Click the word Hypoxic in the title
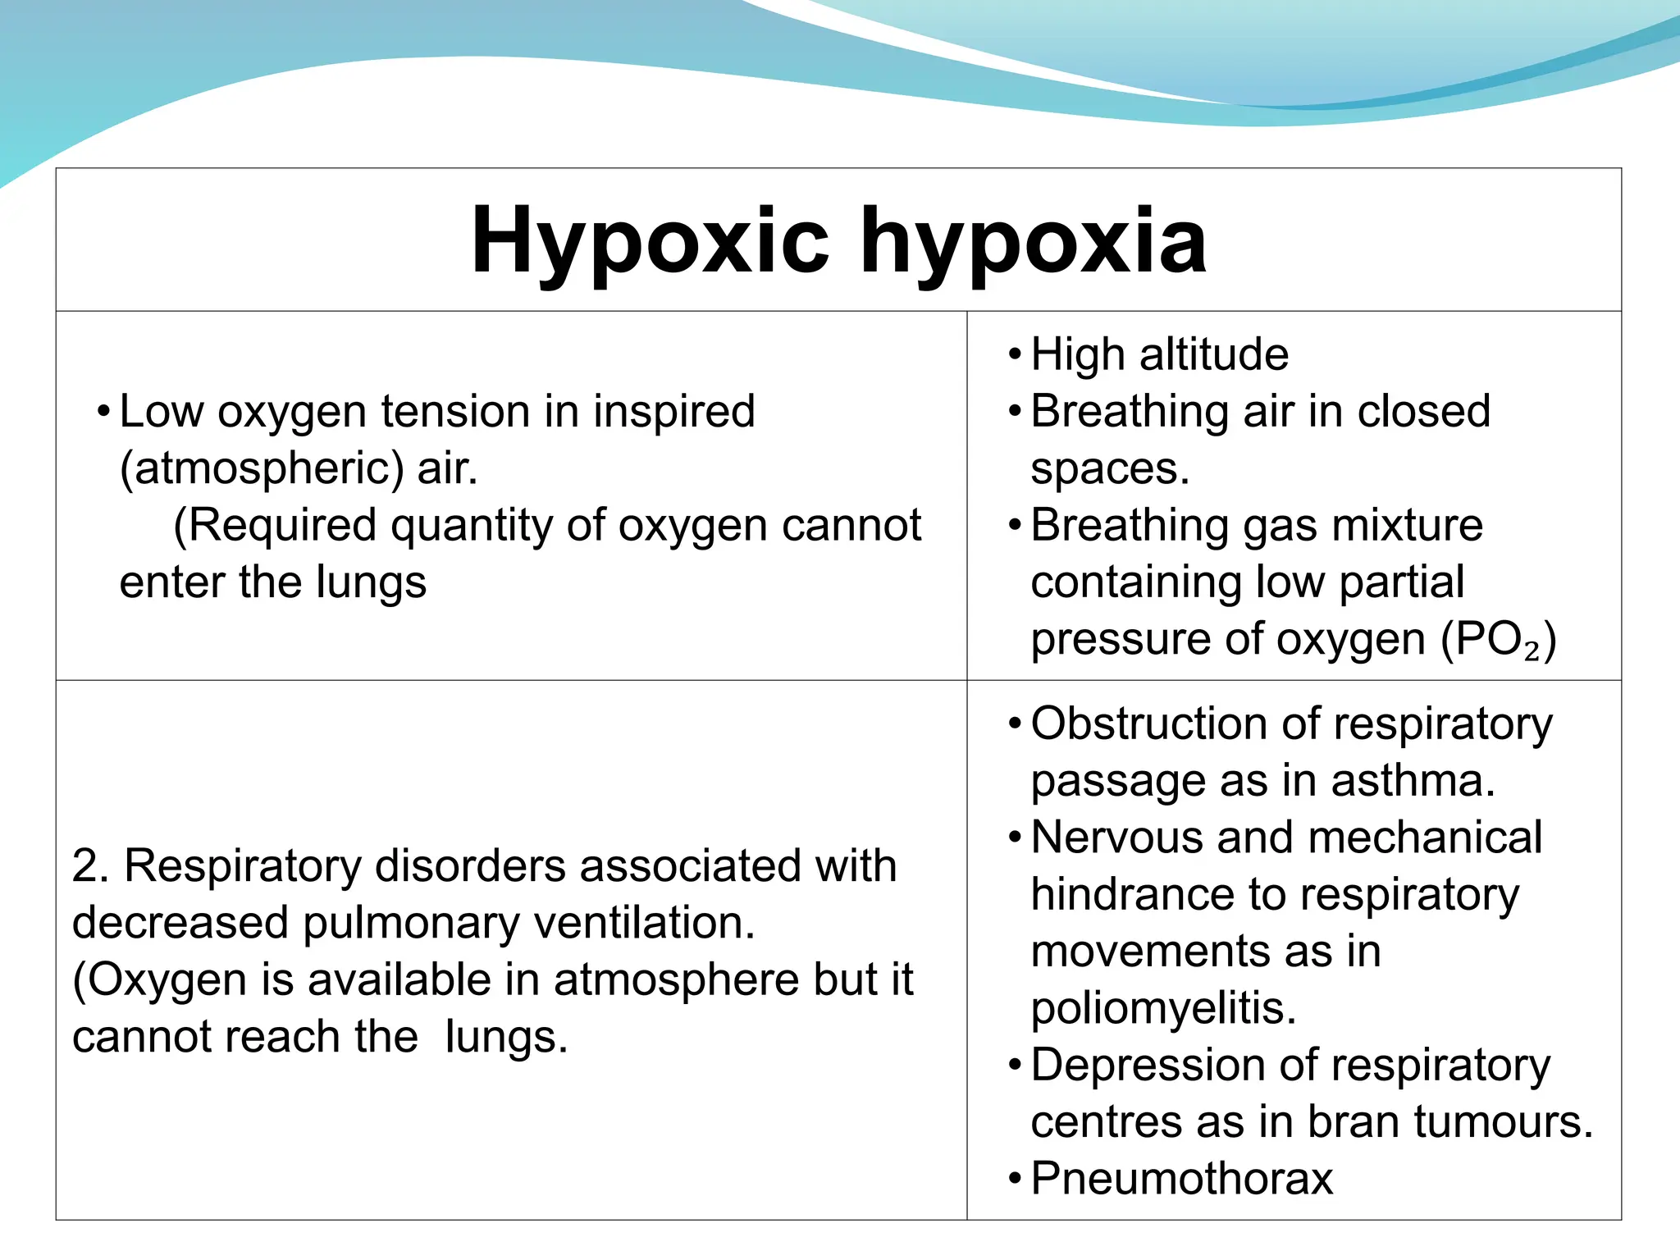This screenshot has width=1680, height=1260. (650, 240)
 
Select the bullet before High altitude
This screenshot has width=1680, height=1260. (1015, 355)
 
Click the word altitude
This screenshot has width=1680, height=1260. (1213, 354)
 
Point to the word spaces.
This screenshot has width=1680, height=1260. (1109, 469)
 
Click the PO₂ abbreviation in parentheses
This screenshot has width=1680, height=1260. (1500, 640)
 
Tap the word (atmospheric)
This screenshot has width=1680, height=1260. (262, 469)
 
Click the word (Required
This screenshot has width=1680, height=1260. (276, 525)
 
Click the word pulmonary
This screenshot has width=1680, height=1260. (411, 923)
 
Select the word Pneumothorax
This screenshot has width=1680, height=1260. (1181, 1179)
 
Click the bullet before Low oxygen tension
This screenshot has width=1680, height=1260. (103, 411)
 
